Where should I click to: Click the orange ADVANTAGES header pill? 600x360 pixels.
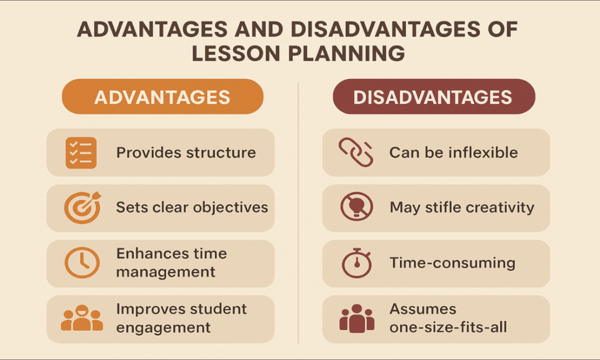click(x=162, y=97)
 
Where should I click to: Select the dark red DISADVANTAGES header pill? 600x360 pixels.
click(x=433, y=97)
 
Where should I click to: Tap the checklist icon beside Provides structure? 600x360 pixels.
click(x=81, y=152)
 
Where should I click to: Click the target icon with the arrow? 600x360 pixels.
click(x=82, y=208)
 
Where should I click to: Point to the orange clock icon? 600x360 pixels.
click(x=82, y=262)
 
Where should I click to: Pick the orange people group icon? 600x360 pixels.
click(x=82, y=318)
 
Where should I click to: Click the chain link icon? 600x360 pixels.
click(x=356, y=152)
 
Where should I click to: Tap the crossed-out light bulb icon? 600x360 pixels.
click(x=356, y=208)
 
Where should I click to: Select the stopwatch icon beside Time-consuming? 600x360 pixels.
click(x=356, y=263)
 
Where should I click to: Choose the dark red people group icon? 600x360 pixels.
click(x=356, y=318)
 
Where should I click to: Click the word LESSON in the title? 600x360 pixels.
click(x=237, y=54)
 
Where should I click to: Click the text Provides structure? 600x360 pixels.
click(x=186, y=153)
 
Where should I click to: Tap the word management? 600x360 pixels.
click(x=166, y=272)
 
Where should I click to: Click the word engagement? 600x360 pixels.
click(x=163, y=327)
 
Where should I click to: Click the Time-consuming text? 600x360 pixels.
click(x=452, y=263)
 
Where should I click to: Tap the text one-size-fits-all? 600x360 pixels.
click(x=448, y=327)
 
